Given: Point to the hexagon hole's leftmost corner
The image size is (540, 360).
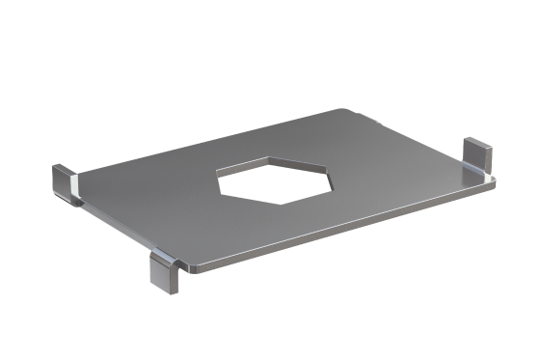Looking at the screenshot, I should (x=218, y=175).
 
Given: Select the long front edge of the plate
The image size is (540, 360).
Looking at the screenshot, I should (x=337, y=226).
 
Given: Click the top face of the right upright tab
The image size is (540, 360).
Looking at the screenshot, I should (x=479, y=142).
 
